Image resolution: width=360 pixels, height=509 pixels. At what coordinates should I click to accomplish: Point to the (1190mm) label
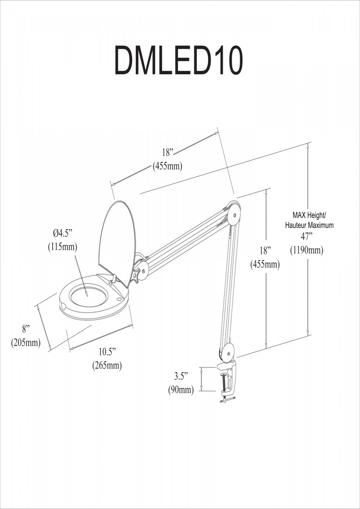point(306,250)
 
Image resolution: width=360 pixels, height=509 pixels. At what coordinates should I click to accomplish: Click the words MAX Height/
point(309,215)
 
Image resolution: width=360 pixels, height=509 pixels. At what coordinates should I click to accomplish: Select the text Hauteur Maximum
point(309,225)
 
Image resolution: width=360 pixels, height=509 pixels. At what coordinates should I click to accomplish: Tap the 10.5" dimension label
point(108,351)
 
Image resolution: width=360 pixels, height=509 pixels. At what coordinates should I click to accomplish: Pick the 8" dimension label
point(26,328)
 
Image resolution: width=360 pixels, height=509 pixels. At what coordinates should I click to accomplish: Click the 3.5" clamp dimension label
point(181,376)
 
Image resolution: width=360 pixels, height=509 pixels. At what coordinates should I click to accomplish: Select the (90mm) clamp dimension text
point(181,390)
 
